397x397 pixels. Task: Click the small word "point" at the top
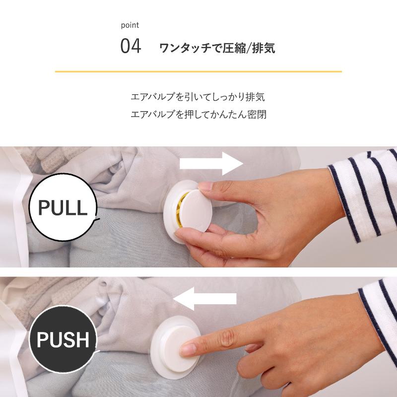click(130, 25)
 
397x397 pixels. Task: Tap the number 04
click(131, 48)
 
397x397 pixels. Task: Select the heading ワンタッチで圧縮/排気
click(217, 49)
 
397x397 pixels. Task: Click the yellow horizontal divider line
click(198, 72)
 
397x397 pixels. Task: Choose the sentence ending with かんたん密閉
click(198, 115)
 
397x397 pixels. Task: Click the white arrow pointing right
click(210, 163)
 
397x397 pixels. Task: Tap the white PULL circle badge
click(63, 208)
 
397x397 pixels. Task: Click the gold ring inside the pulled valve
click(183, 208)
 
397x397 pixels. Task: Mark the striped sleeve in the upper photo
click(365, 198)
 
